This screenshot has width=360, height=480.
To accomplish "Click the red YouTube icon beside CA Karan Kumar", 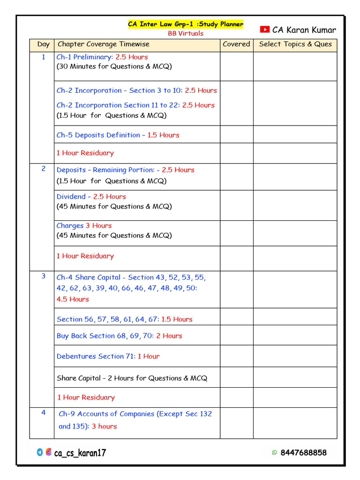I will [264, 30].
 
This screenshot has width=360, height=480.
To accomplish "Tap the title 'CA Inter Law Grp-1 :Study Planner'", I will [186, 24].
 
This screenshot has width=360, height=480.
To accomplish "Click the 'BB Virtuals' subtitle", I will [186, 34].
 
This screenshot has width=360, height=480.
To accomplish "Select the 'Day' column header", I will [43, 45].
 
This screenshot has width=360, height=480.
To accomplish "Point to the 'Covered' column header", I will [236, 45].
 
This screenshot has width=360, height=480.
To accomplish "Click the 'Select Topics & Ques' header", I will [295, 45].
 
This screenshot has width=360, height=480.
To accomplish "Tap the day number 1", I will [44, 57].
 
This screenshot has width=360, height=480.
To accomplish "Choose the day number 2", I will [44, 169].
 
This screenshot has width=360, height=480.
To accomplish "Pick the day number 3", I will [44, 276].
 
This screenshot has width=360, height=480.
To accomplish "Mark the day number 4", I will [44, 413].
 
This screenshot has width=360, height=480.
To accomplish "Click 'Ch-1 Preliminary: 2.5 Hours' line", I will [102, 57].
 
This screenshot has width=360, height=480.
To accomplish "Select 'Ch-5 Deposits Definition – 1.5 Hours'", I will [118, 135].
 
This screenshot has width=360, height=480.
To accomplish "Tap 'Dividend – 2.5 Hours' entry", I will [91, 197].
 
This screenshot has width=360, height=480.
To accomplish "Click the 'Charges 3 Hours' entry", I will [84, 226].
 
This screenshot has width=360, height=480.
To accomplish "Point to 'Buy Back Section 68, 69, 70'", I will [119, 336].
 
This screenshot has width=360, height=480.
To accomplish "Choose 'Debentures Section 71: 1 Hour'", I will [108, 356].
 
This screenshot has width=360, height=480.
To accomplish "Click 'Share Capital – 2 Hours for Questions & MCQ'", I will [132, 378].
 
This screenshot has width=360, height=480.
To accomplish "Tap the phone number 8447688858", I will [303, 453].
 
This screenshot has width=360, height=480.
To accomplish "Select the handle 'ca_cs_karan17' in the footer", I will [80, 453].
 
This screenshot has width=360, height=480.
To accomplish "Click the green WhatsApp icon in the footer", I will [274, 453].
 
